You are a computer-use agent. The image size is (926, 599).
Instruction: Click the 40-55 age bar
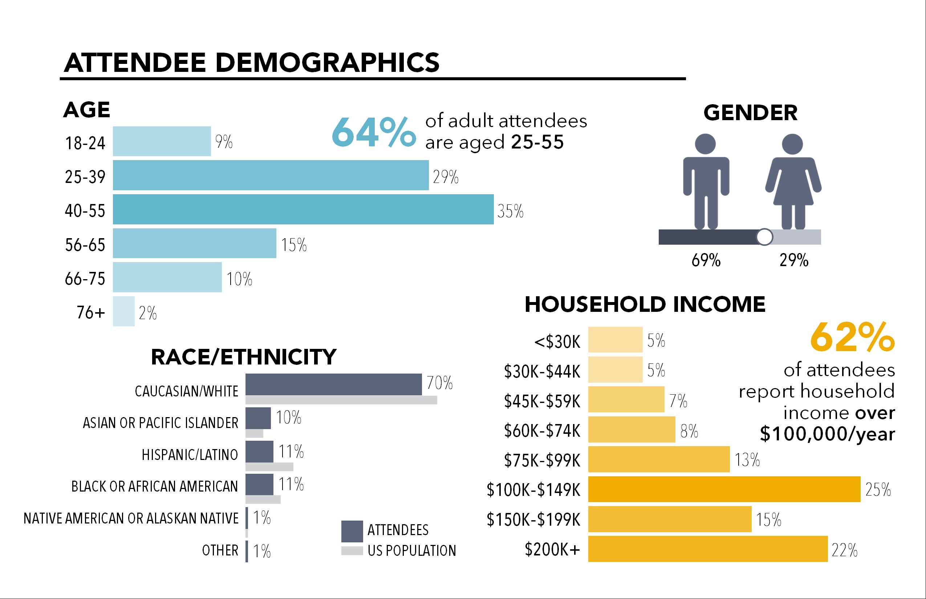click(x=303, y=209)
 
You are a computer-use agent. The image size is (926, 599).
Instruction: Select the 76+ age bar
click(x=124, y=311)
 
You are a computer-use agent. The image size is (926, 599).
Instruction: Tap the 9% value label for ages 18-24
click(x=224, y=142)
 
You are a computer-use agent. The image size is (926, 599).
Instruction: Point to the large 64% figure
click(x=374, y=133)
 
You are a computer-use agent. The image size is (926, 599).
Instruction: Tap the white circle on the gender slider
click(x=764, y=237)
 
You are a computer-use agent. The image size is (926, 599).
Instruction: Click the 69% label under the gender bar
click(x=706, y=260)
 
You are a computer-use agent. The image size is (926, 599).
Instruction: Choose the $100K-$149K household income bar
click(x=724, y=489)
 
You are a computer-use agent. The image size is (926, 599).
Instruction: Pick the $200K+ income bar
click(x=708, y=549)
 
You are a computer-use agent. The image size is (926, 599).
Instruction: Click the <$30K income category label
click(x=557, y=342)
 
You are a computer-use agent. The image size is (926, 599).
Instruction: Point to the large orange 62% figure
click(x=852, y=337)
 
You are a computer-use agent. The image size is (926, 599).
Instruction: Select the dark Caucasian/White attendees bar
click(x=333, y=384)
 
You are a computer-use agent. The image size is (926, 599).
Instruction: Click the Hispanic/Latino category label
click(x=190, y=455)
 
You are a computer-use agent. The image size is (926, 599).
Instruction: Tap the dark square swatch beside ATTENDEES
click(x=352, y=531)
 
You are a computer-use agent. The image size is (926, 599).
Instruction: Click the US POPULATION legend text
click(x=412, y=551)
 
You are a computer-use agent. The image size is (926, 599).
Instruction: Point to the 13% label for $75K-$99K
click(x=747, y=460)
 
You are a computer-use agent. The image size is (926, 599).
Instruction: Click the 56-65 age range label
click(x=85, y=245)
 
